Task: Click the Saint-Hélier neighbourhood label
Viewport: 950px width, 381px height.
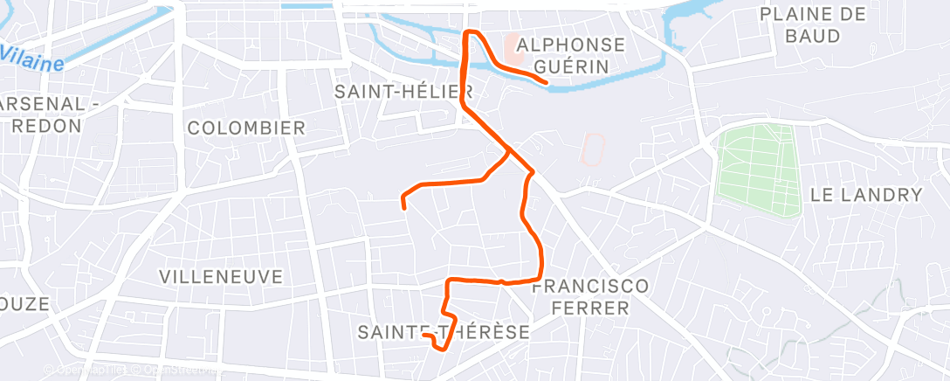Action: coord(403,91)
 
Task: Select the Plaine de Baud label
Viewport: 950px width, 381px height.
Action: coord(812,24)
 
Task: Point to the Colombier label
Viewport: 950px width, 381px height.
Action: coord(247,128)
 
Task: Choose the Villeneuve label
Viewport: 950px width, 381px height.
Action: coord(221,276)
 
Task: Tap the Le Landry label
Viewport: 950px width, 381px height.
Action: coord(866,194)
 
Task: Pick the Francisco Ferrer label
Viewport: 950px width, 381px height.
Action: coord(590,297)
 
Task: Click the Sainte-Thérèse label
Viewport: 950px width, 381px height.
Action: coord(444,332)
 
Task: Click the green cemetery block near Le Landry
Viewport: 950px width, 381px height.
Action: coord(758,170)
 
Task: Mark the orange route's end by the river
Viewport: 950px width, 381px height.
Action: coord(546,83)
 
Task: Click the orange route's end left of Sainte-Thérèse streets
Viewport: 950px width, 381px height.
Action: coord(423,335)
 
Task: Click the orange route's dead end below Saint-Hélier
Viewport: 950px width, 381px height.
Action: coord(403,207)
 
